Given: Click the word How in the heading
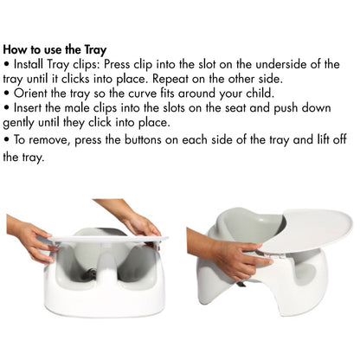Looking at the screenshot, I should pyautogui.click(x=16, y=49).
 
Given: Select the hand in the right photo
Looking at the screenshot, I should pyautogui.click(x=227, y=256).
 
